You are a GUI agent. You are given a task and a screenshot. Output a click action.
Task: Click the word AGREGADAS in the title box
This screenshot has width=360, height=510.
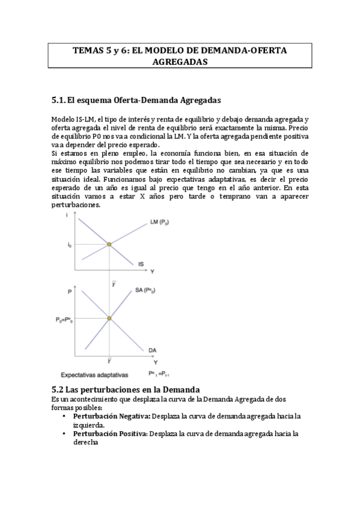click(180, 62)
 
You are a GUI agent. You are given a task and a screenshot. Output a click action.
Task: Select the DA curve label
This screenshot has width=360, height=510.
click(153, 350)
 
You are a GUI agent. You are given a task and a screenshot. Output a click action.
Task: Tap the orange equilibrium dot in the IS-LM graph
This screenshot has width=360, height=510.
click(109, 244)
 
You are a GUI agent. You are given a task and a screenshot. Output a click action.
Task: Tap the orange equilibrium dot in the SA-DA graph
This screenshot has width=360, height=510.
click(109, 318)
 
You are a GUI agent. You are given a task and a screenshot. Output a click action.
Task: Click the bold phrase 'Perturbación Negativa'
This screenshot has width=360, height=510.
click(111, 416)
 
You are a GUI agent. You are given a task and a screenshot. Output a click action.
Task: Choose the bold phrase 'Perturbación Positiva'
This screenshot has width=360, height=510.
click(109, 433)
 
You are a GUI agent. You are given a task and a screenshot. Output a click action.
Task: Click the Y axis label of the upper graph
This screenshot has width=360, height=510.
click(151, 271)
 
